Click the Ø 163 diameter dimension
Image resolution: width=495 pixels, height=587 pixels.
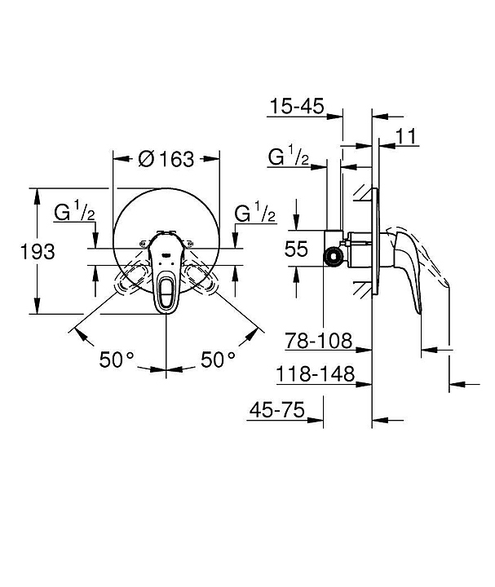pyautogui.click(x=167, y=159)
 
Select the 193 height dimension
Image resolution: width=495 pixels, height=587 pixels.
pyautogui.click(x=37, y=251)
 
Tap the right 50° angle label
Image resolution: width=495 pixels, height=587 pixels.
pyautogui.click(x=219, y=359)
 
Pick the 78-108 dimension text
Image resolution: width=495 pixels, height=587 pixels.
pyautogui.click(x=319, y=339)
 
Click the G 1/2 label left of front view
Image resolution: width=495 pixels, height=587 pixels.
pyautogui.click(x=75, y=214)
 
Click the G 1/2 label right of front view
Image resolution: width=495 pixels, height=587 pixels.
pyautogui.click(x=255, y=214)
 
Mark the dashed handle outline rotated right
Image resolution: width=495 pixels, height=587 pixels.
pyautogui.click(x=202, y=280)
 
